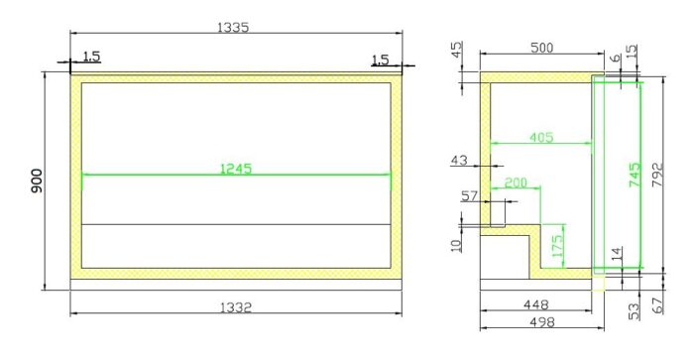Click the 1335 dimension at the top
pos(233,27)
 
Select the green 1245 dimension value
pos(236,169)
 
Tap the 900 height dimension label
pos(37,180)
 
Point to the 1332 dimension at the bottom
pos(236,306)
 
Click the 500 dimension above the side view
pos(541,48)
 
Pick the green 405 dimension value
pos(541,137)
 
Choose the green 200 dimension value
pos(516,182)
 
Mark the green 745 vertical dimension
pos(635,175)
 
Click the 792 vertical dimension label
pos(657,175)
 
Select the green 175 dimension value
pos(557,245)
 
